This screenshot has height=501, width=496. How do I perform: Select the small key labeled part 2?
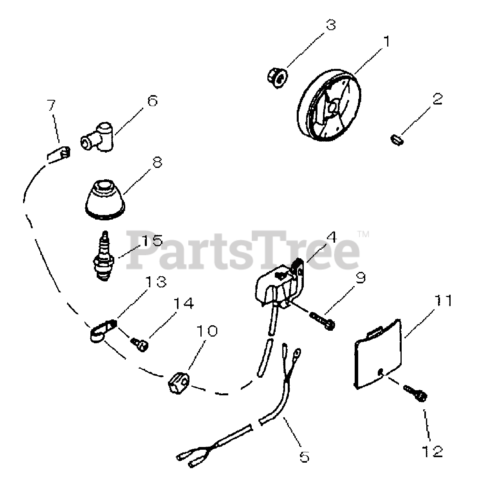pos(397,139)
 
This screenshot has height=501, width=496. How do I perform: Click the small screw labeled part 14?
pos(140,344)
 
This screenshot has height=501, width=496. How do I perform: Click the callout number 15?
pos(151,240)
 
